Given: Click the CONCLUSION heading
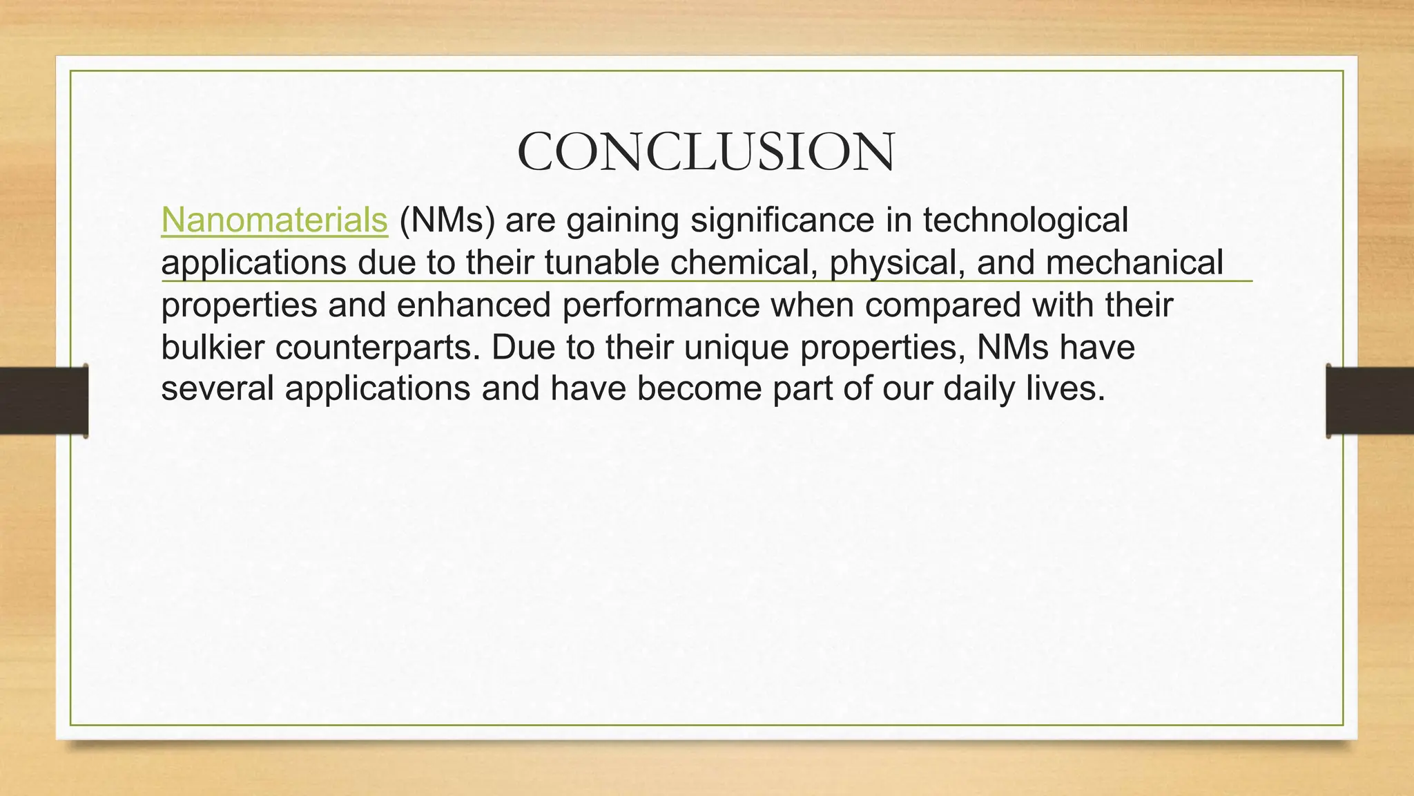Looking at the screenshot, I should pyautogui.click(x=706, y=152).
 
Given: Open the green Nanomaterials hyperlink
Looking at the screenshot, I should pyautogui.click(x=274, y=220).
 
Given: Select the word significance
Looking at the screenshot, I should pyautogui.click(x=777, y=222).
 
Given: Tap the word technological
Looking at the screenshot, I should pyautogui.click(x=1025, y=220).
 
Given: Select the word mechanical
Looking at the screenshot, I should pyautogui.click(x=1134, y=263).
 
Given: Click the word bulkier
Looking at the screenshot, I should pyautogui.click(x=213, y=347).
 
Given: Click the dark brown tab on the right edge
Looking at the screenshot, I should pyautogui.click(x=1370, y=401).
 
